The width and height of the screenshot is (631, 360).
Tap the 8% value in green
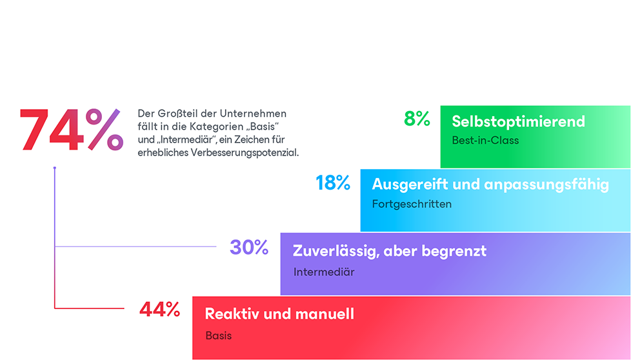(x=417, y=119)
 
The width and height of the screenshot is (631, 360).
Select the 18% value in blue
(x=333, y=183)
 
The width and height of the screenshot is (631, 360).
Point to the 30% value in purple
(x=249, y=247)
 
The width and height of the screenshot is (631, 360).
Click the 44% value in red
(x=159, y=310)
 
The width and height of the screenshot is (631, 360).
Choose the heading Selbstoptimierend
(x=518, y=121)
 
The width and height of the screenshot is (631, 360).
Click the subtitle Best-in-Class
(x=485, y=140)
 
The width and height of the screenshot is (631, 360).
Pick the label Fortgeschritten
(x=412, y=204)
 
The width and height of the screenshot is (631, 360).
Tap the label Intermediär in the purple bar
(x=324, y=272)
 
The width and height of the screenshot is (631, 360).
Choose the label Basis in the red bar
(x=218, y=335)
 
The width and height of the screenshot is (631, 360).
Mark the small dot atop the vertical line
(x=55, y=168)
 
